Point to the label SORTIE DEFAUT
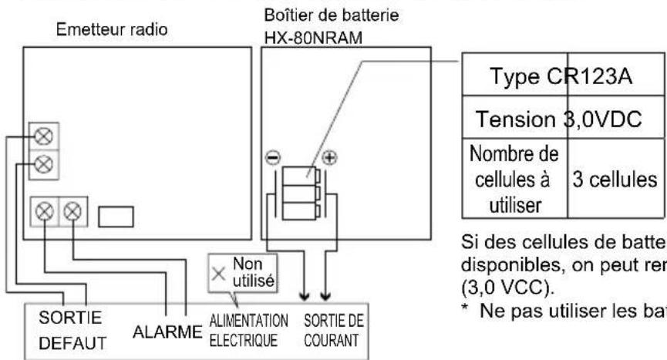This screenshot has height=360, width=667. tap(67, 329)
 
